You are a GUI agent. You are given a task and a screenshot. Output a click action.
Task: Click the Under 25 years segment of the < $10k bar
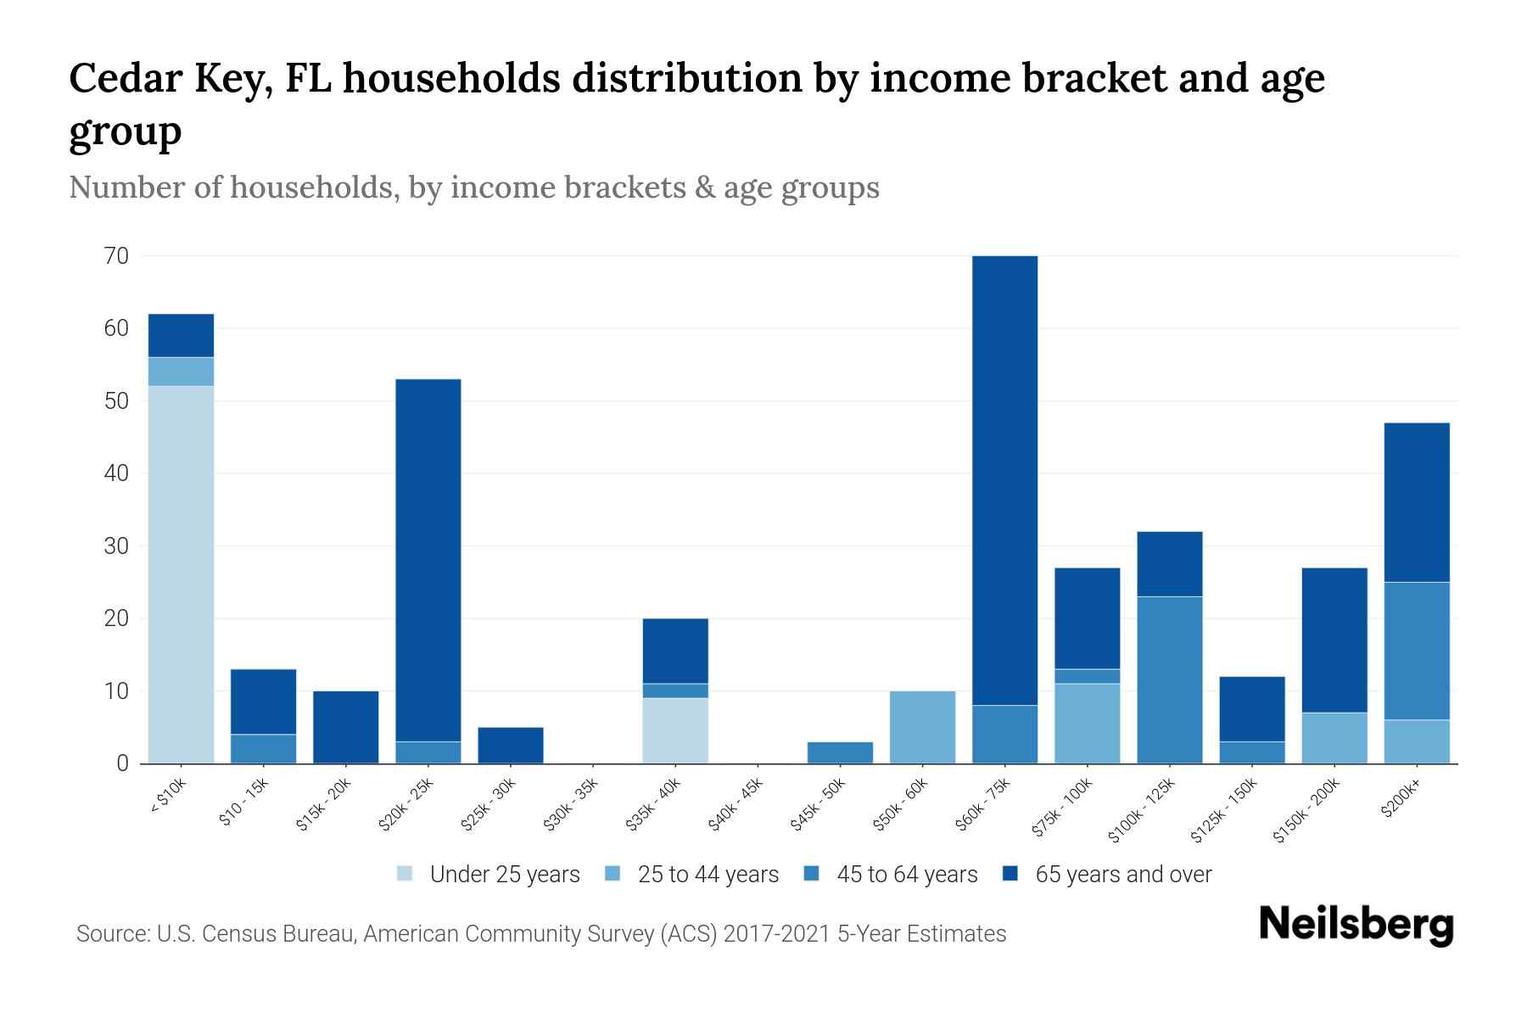(181, 574)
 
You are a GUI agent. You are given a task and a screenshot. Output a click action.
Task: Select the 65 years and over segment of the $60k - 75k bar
(1004, 480)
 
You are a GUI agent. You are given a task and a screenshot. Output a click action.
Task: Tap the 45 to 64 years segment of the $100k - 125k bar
(1169, 680)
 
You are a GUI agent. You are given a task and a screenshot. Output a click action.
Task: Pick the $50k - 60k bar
(922, 727)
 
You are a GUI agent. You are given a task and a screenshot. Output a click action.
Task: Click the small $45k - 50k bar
(840, 752)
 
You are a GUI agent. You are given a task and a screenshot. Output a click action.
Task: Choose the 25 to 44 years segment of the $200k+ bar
(1416, 741)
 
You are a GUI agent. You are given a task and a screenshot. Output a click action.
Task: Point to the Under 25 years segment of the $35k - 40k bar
(675, 730)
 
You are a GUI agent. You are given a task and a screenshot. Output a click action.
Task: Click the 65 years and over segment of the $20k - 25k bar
(428, 560)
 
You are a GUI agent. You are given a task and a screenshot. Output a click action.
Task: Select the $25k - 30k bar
(511, 745)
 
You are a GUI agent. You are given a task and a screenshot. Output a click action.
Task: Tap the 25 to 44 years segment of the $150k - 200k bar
(1334, 738)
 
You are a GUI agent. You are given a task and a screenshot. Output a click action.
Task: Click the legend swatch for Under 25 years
(406, 874)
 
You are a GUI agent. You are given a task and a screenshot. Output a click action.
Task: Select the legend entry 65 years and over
(1122, 875)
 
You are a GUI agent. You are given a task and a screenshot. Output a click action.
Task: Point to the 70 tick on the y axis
(116, 255)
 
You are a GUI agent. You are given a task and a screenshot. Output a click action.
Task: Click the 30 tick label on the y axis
(116, 545)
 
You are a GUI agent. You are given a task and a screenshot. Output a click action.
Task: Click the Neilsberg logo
(1356, 924)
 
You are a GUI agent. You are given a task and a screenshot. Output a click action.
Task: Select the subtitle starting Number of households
(473, 187)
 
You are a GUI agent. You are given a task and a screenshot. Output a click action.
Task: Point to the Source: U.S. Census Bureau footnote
(540, 934)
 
